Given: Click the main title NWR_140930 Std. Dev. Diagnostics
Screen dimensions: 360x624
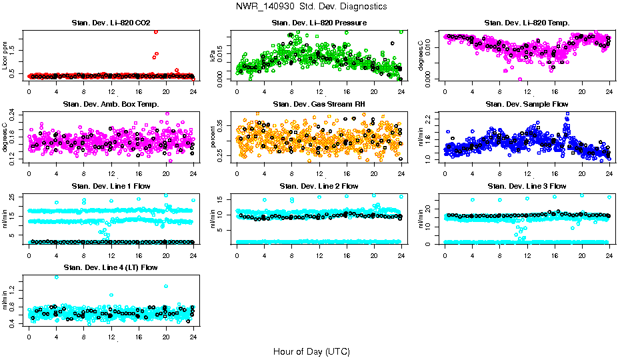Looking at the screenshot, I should coord(311,7).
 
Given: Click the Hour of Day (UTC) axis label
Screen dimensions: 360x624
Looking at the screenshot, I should coord(311,351).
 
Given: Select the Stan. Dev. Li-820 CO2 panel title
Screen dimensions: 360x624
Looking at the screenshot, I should coord(111,23).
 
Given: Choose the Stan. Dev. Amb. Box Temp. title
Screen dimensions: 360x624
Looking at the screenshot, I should coord(111,105).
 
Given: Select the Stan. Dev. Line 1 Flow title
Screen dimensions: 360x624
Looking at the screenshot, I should coord(111,186).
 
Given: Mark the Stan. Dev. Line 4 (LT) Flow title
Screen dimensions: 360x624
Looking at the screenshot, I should coord(111,267).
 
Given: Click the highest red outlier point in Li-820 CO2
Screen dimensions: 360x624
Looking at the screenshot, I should coord(156,31).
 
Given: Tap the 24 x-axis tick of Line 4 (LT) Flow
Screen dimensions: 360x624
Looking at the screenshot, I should coord(193,337).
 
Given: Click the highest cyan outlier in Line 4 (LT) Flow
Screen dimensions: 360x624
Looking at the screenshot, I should coord(56,277).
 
